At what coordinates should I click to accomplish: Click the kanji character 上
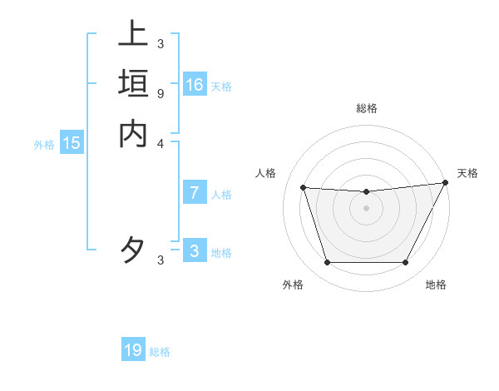(133, 35)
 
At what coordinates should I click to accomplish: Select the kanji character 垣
(133, 84)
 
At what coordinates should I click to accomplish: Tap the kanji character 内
(133, 133)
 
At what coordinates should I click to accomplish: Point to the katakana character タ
(133, 250)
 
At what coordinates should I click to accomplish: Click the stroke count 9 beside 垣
(161, 93)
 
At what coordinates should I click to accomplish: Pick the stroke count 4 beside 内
(161, 142)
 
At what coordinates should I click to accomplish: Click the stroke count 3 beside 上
(161, 44)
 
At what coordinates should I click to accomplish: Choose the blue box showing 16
(195, 85)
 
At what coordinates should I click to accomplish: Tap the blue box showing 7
(195, 193)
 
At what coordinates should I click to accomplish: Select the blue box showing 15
(72, 143)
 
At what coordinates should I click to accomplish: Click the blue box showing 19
(133, 350)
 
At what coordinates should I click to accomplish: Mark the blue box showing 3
(195, 251)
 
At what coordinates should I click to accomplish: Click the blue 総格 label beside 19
(160, 352)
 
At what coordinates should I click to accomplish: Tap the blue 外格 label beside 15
(44, 145)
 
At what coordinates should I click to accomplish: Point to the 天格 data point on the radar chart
(446, 183)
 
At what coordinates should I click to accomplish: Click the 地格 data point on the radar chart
(406, 263)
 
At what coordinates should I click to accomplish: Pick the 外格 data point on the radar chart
(327, 263)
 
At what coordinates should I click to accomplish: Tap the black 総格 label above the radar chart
(366, 108)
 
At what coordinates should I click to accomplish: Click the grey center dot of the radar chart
(366, 208)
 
